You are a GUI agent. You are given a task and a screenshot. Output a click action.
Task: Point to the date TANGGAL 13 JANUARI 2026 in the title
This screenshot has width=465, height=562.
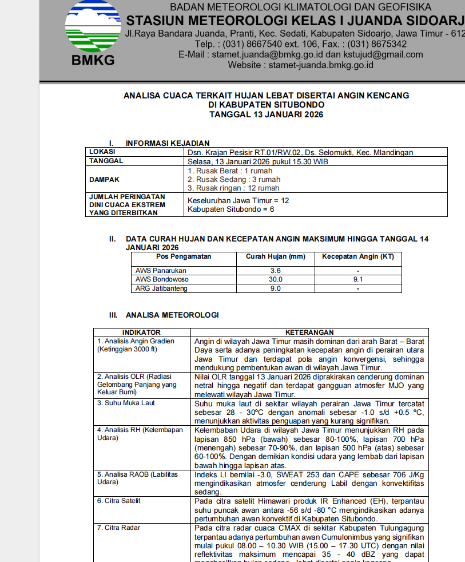click(267, 114)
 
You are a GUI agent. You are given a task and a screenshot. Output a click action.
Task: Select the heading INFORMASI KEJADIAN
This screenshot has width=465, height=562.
click(168, 143)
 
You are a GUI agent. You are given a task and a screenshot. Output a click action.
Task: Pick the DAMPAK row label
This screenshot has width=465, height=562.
click(105, 180)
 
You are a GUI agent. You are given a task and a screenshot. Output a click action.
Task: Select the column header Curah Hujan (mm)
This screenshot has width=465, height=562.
click(276, 256)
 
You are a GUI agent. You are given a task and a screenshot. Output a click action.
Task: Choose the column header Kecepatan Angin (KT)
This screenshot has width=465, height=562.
click(357, 256)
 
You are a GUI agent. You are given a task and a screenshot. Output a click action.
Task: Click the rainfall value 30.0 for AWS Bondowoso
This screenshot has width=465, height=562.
click(276, 279)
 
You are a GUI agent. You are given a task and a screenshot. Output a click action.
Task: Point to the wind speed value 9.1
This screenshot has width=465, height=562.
click(358, 279)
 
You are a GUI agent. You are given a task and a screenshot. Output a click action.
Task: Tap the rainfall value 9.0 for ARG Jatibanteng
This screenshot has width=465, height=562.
click(276, 288)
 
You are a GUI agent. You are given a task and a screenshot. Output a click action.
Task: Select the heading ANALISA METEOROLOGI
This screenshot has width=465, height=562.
click(172, 315)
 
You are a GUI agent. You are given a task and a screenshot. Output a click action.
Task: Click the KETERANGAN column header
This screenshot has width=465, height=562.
click(309, 333)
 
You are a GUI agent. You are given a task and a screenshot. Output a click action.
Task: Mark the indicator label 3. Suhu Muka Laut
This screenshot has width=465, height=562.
click(126, 403)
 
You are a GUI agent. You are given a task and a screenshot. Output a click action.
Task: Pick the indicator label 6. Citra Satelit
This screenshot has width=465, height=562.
click(118, 501)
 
